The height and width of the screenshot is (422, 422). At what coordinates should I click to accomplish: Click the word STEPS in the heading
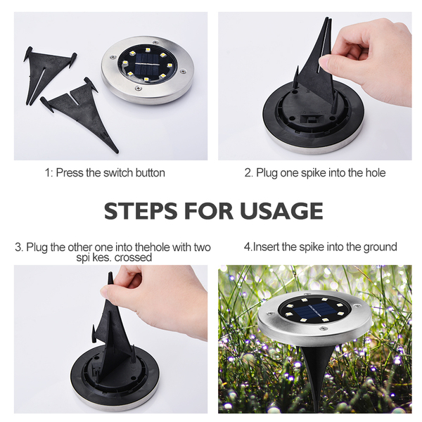coord(141,211)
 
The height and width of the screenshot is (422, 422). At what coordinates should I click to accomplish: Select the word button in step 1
coord(151,173)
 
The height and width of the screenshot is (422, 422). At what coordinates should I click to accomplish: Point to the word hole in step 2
coord(376,173)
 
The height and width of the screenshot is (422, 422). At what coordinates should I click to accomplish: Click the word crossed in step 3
coord(133,257)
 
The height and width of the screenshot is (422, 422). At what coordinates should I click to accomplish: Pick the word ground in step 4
coord(381,248)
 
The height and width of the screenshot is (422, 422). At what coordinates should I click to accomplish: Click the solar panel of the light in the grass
coord(312,309)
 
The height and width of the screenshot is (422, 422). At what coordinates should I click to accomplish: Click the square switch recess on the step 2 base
coord(312,120)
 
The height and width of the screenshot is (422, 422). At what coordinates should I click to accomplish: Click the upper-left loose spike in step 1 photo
coord(49,73)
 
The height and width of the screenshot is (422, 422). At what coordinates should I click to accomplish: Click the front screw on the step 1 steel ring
coord(139,88)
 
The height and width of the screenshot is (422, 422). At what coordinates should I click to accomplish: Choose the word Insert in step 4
coord(266,247)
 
